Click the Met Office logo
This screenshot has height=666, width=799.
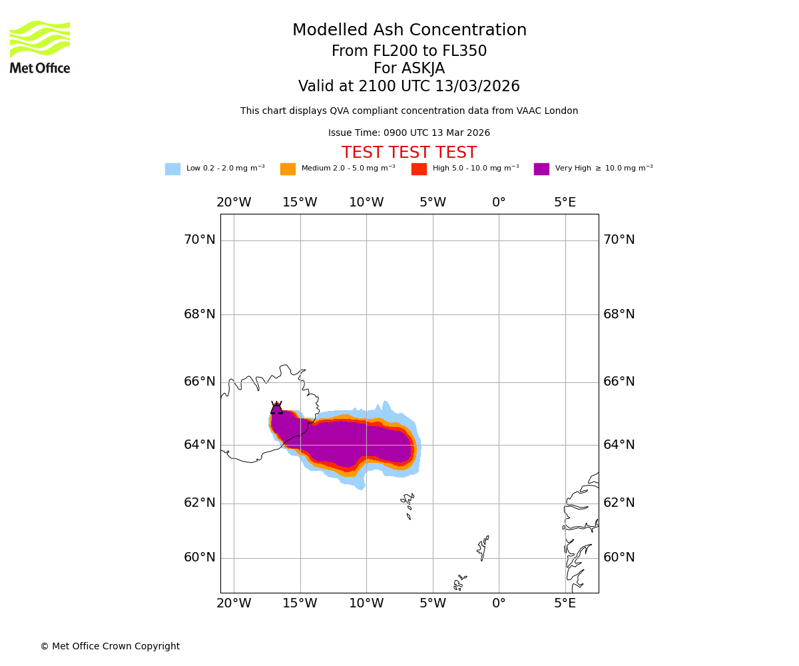pyautogui.click(x=40, y=47)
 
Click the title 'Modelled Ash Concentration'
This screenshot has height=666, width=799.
pyautogui.click(x=409, y=31)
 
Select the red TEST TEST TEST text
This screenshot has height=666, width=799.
pyautogui.click(x=409, y=153)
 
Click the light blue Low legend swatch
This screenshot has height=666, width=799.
pyautogui.click(x=172, y=169)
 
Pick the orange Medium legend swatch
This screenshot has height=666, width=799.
pyautogui.click(x=288, y=169)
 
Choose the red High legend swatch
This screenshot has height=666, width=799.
pyautogui.click(x=419, y=169)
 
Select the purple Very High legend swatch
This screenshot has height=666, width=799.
pyautogui.click(x=541, y=169)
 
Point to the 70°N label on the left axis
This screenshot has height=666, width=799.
pyautogui.click(x=200, y=240)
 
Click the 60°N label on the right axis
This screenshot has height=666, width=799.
pyautogui.click(x=619, y=557)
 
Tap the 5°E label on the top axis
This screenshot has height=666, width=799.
pyautogui.click(x=565, y=202)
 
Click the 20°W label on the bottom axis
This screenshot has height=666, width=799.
pyautogui.click(x=234, y=604)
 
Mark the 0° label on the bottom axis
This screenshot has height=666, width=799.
pyautogui.click(x=499, y=604)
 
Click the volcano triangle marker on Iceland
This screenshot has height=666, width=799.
pyautogui.click(x=276, y=408)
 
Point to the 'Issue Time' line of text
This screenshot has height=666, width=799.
pyautogui.click(x=409, y=133)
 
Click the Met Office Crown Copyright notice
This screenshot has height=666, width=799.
pyautogui.click(x=110, y=647)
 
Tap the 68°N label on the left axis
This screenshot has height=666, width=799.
pyautogui.click(x=200, y=314)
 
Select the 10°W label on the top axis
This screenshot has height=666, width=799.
pyautogui.click(x=366, y=202)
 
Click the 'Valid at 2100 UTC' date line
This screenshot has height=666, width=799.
pyautogui.click(x=409, y=87)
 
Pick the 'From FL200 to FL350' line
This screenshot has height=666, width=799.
pyautogui.click(x=409, y=51)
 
